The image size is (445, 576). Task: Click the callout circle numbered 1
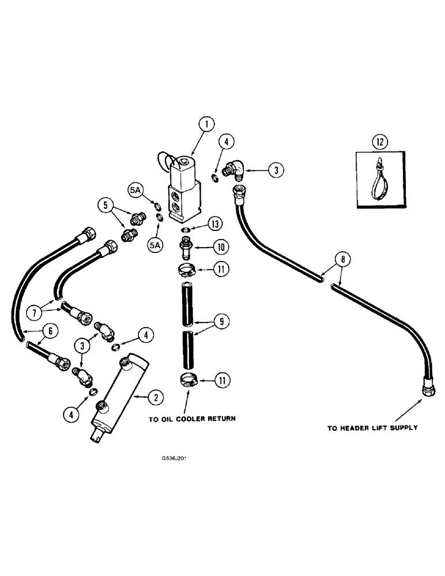point(206,123)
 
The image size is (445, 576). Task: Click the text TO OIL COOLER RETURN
point(193,419)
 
